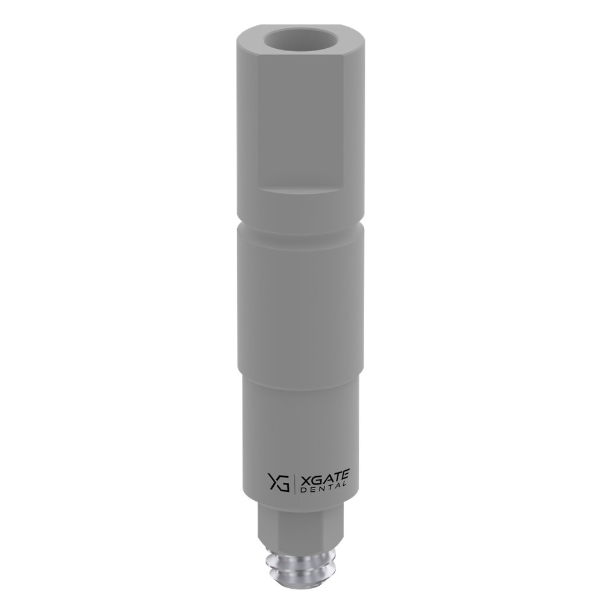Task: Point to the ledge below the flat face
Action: coord(301,189)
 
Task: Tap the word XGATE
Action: coord(324,477)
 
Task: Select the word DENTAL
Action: coord(323,487)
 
